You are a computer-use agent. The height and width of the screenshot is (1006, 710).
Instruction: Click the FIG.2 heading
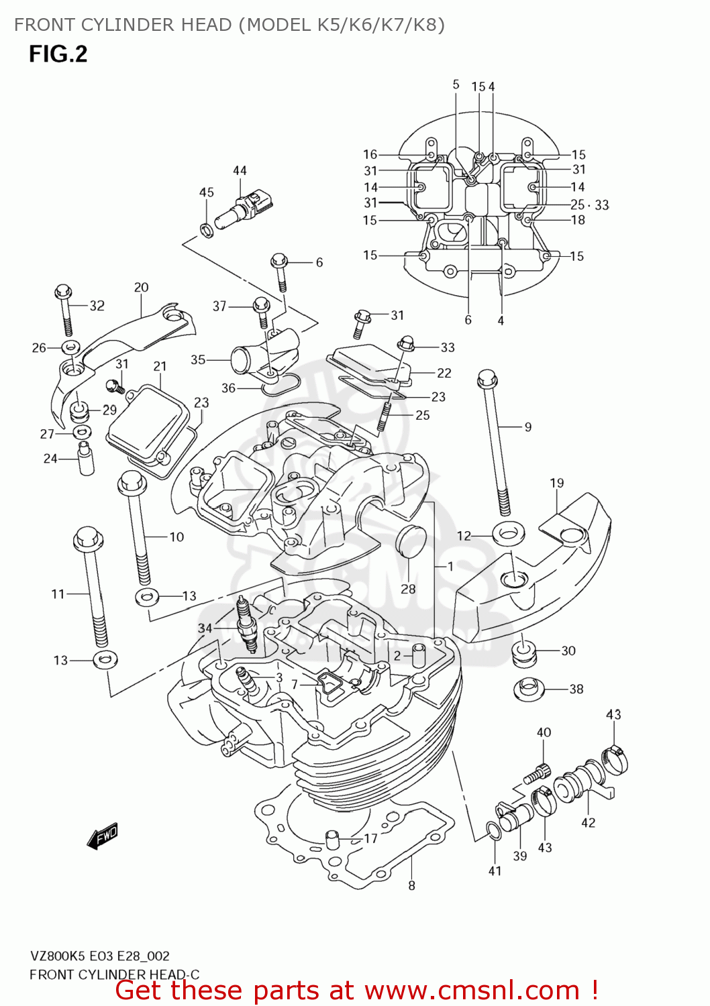[58, 54]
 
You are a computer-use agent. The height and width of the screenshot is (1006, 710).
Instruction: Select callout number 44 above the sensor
[240, 171]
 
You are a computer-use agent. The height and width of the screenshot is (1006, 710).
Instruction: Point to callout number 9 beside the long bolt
[528, 427]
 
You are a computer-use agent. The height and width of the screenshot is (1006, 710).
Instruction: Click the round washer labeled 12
[509, 534]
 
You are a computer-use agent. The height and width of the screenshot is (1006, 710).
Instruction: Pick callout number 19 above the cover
[557, 483]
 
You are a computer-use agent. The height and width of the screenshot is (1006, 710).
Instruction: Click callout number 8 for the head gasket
[411, 886]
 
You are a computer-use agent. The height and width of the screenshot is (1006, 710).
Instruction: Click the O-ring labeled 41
[493, 831]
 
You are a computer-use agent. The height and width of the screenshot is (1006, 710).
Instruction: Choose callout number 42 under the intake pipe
[588, 823]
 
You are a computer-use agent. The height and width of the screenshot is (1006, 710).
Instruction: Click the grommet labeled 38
[529, 689]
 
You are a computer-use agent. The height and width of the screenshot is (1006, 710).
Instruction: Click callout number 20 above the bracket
[141, 287]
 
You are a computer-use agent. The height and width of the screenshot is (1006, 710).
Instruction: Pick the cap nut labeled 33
[407, 342]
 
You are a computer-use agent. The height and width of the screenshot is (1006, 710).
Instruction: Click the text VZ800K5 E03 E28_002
[99, 956]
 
